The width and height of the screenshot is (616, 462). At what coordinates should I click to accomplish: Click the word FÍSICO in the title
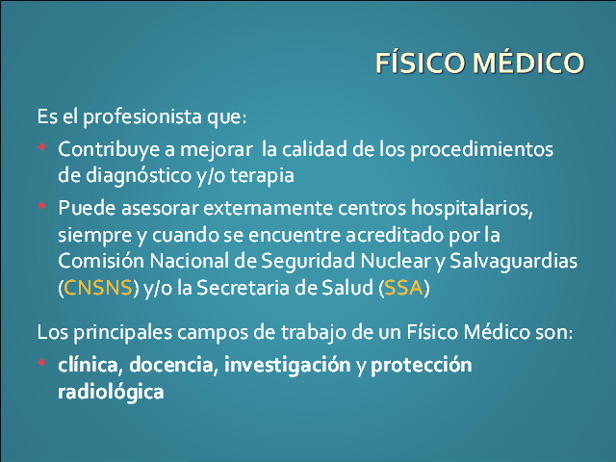tap(421, 63)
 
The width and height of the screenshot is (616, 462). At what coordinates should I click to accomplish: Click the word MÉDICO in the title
tap(528, 63)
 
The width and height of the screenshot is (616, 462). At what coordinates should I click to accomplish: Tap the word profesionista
tap(142, 117)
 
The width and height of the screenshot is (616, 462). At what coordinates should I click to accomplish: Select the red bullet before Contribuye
tap(42, 147)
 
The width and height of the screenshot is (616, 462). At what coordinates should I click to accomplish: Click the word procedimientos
tap(481, 150)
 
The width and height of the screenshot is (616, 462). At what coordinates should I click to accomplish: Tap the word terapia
tap(262, 175)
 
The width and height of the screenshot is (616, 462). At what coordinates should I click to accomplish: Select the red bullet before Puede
tap(42, 205)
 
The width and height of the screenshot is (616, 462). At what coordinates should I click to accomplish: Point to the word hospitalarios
tap(472, 208)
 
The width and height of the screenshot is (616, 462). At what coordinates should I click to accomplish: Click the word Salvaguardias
tap(513, 261)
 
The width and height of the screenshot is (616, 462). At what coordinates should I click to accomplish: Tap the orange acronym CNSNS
tap(97, 288)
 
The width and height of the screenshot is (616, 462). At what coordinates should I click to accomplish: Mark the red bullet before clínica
tap(42, 362)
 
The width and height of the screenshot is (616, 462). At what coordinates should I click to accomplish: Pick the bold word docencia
tap(171, 365)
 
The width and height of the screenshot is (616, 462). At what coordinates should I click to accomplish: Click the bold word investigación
tap(287, 366)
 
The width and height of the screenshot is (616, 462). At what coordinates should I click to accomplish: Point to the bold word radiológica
tap(111, 392)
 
